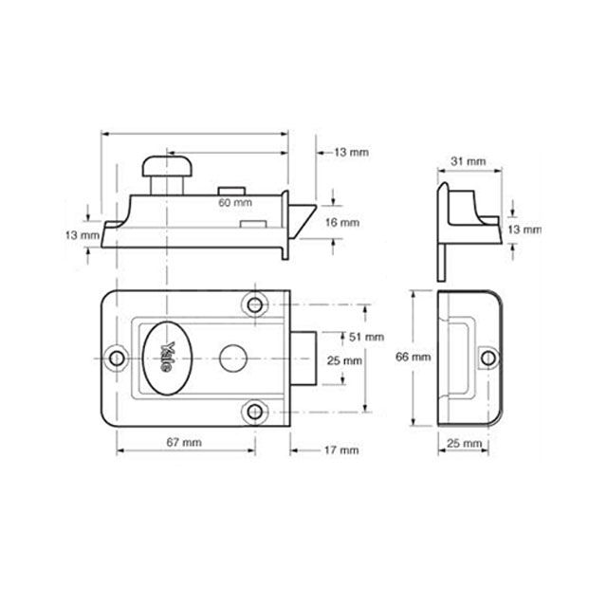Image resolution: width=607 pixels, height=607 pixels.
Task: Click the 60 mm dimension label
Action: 235,202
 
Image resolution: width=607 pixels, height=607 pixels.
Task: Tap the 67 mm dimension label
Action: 184,442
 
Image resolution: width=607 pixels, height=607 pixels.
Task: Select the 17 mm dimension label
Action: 341,451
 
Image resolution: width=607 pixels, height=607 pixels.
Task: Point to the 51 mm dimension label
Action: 366,337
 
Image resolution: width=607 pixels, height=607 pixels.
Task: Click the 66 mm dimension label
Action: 414,357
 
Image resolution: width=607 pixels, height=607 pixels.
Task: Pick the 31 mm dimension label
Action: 468,161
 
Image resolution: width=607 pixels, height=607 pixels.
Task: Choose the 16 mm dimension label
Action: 341,223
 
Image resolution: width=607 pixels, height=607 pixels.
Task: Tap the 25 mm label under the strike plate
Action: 464,443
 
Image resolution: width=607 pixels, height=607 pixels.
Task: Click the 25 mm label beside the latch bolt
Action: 344,360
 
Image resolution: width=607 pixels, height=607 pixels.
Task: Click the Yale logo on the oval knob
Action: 167,358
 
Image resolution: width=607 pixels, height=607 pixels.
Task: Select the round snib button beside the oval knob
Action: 233,359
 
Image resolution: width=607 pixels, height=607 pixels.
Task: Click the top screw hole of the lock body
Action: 255,305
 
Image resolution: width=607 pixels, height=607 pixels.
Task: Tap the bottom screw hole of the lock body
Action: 255,412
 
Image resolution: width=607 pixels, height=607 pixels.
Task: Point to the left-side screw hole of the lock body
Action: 117,359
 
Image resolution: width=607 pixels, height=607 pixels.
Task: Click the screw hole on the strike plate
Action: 487,359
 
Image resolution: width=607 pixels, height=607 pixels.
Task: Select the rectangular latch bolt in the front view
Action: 303,359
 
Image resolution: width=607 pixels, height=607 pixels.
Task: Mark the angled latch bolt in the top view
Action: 302,221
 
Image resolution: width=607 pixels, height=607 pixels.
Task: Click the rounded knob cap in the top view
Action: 167,167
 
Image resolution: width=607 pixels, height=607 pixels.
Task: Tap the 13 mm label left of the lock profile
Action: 83,235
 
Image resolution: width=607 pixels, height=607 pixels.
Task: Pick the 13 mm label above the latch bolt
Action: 351,152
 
